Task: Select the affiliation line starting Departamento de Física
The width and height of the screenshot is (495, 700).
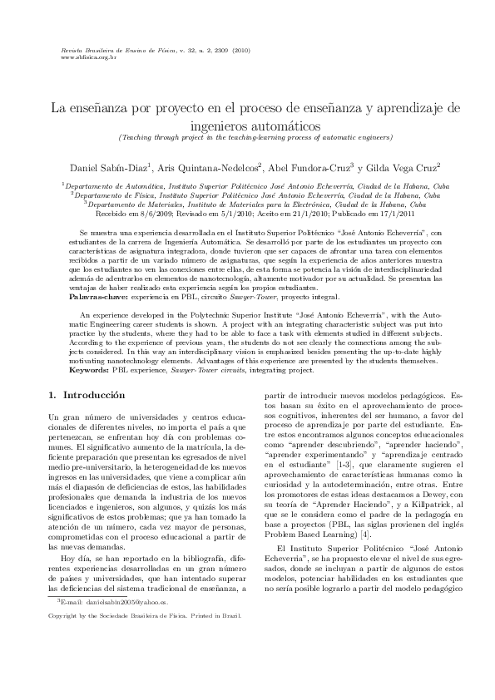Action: tap(250, 196)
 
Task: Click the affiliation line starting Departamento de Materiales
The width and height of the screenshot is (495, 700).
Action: tap(250, 205)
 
